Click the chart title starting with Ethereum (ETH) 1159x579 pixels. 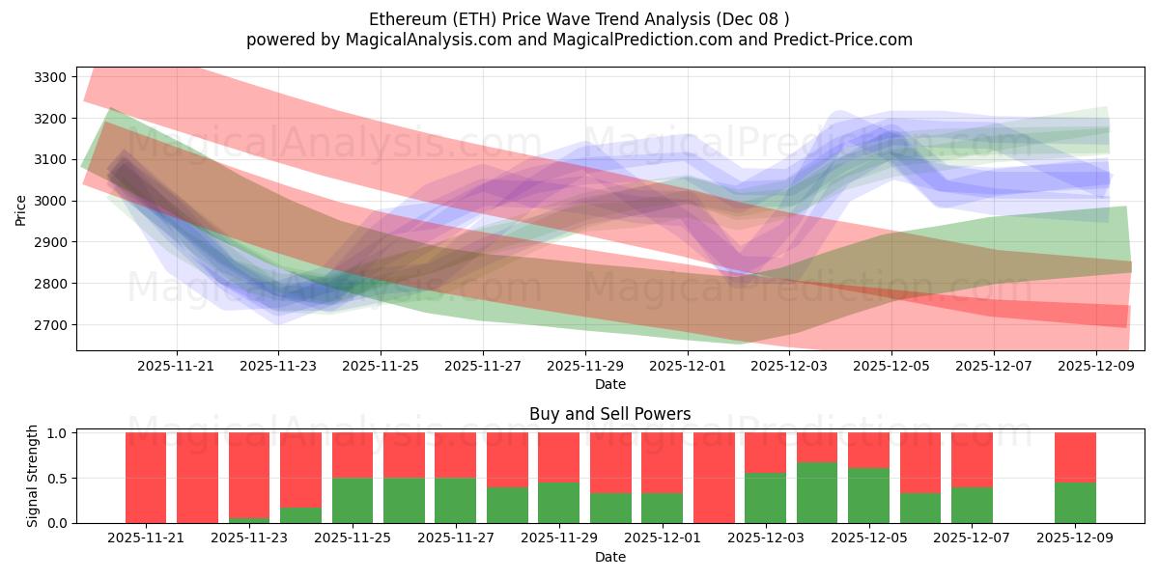(x=579, y=19)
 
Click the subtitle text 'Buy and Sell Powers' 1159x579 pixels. (x=609, y=414)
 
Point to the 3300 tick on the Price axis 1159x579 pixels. (x=49, y=77)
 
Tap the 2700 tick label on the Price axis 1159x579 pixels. (x=49, y=325)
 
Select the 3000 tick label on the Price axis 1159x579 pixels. (x=49, y=201)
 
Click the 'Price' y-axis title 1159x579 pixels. (x=21, y=208)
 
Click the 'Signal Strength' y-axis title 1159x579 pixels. (x=32, y=476)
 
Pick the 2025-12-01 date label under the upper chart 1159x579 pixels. (x=687, y=367)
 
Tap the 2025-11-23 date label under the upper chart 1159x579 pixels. (x=278, y=367)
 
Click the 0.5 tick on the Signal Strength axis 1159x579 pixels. (x=57, y=478)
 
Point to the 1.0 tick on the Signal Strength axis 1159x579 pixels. (x=57, y=433)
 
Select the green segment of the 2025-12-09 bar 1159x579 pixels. (x=1075, y=502)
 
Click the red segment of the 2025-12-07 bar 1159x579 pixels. (x=972, y=459)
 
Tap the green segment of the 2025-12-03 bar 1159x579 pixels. (x=765, y=497)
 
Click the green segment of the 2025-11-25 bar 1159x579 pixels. (x=353, y=500)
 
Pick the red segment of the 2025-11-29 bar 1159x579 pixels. (x=558, y=456)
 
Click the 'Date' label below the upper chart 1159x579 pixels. (x=609, y=384)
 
